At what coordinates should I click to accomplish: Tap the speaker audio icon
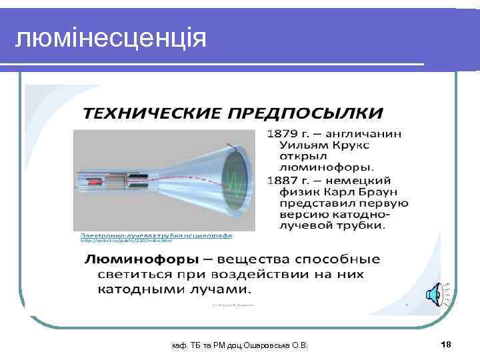tap(434, 293)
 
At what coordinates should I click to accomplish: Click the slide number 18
tap(446, 344)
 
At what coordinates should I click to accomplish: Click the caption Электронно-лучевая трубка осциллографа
tap(156, 235)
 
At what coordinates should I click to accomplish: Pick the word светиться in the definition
tap(133, 274)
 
